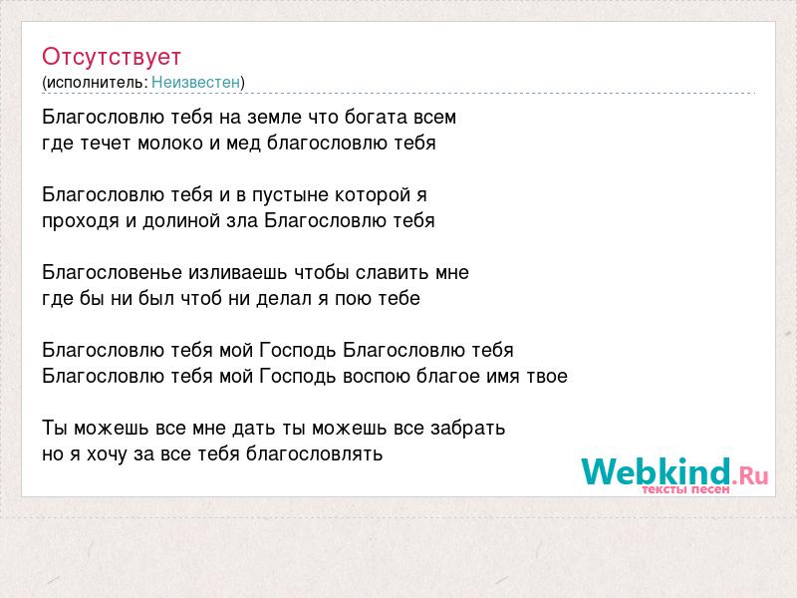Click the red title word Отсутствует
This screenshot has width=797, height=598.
point(112,57)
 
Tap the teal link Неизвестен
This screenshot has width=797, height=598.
point(195,82)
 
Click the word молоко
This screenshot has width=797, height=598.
point(170,144)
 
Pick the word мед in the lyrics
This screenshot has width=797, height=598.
point(243,144)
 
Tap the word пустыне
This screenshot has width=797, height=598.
point(290,195)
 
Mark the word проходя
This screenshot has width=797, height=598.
point(81,221)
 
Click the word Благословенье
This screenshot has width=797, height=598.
point(112,272)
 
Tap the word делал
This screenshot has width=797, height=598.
point(284,299)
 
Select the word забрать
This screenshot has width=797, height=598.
point(467,429)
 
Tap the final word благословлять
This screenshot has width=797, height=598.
point(314,454)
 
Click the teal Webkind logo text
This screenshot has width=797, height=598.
point(656,471)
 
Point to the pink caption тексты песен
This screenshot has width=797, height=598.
point(685,489)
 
